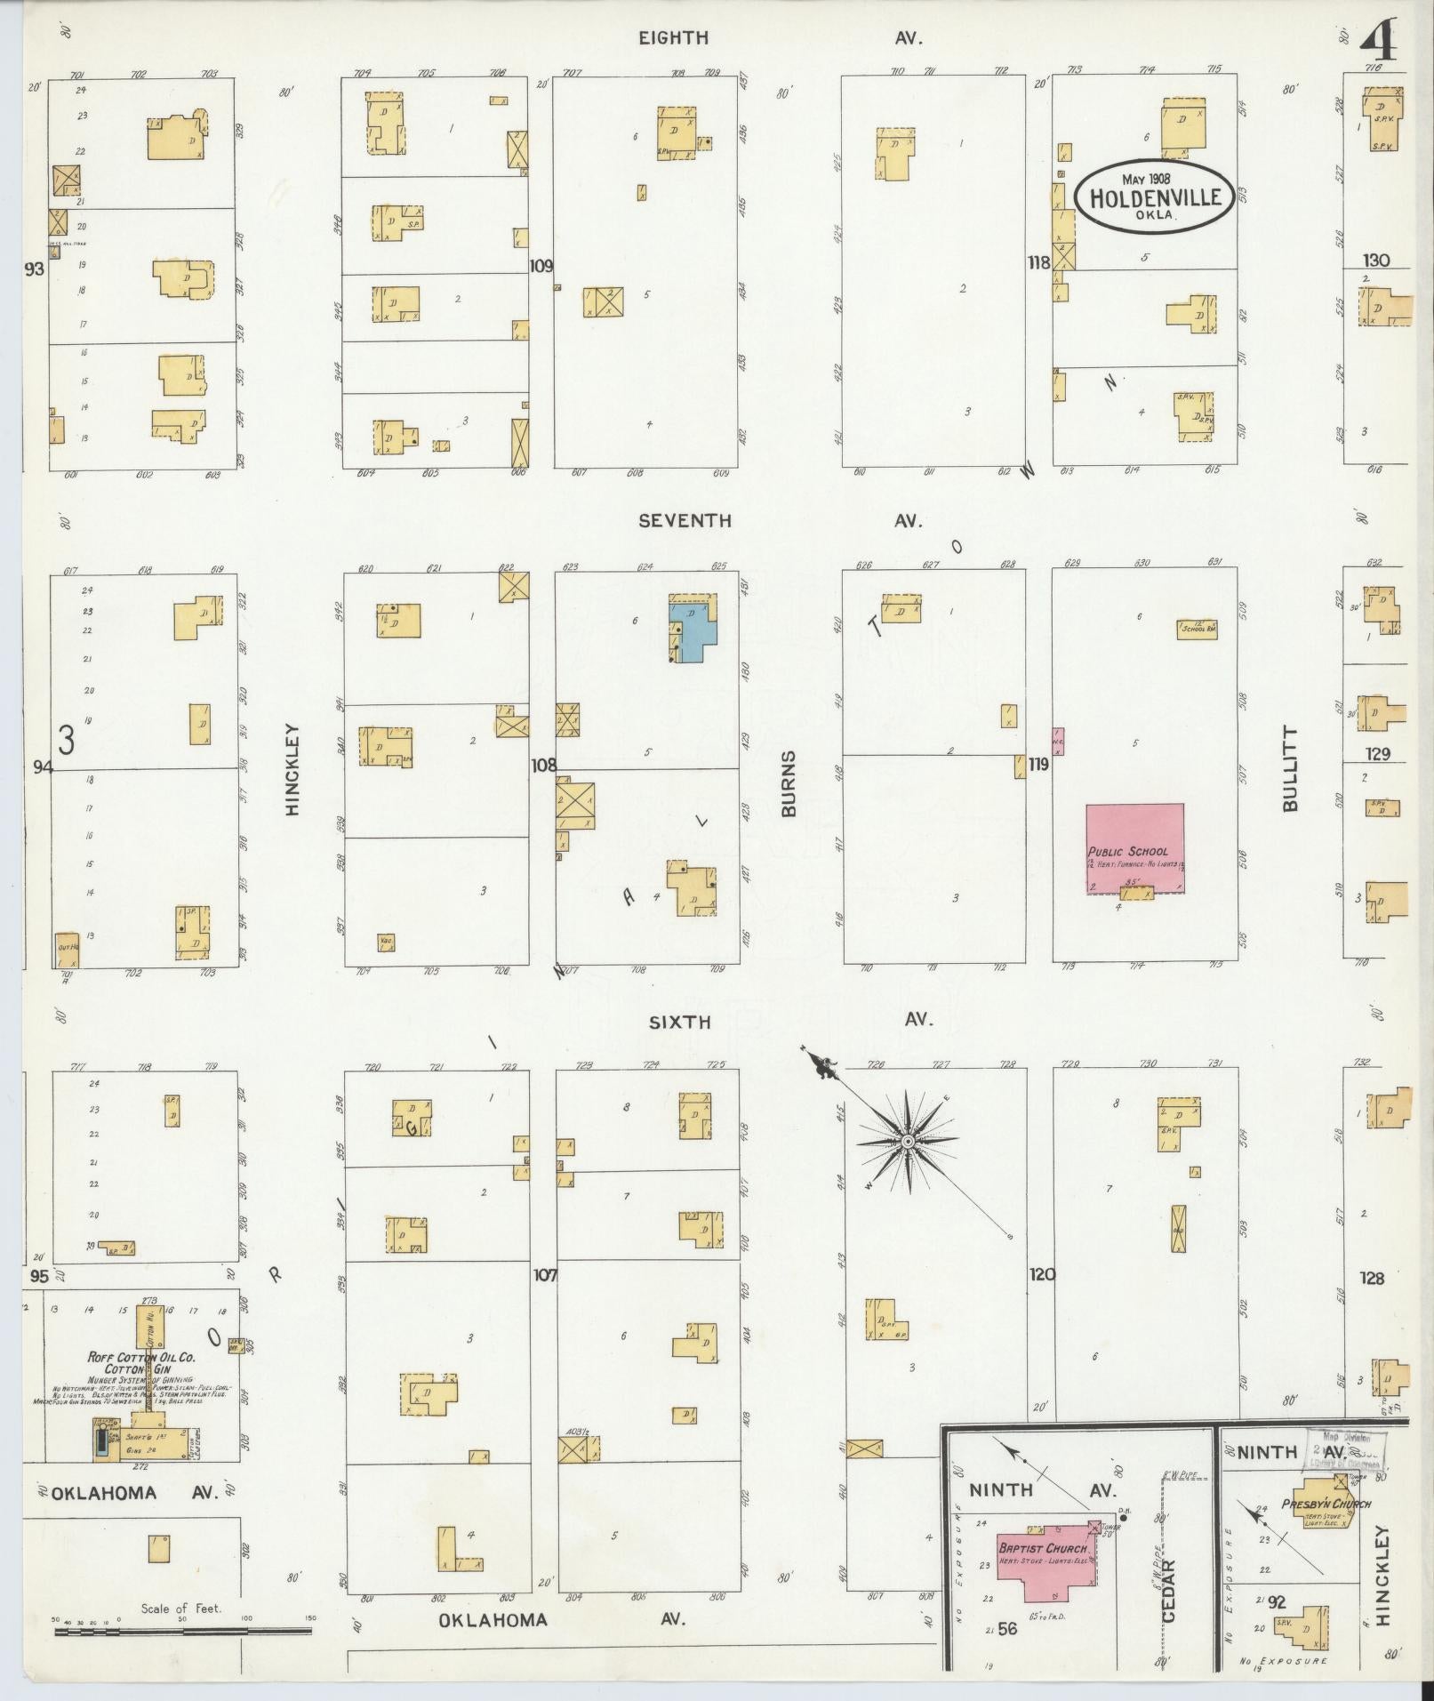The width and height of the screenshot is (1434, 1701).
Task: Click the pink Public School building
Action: pos(1134,846)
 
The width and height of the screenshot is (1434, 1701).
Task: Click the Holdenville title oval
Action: pos(1154,197)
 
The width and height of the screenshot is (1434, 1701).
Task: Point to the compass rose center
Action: pos(908,1141)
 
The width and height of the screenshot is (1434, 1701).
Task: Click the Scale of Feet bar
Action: pos(181,1632)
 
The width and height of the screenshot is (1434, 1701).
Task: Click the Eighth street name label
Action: pos(673,37)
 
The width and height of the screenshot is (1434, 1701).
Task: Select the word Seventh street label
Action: pos(685,521)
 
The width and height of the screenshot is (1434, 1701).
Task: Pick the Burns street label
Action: pos(789,783)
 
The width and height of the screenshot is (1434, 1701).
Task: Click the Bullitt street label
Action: pos(1291,768)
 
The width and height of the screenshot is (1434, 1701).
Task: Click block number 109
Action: pos(541,265)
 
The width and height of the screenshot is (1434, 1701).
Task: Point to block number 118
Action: pos(1038,262)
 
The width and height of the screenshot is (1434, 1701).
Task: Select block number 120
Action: pos(1042,1274)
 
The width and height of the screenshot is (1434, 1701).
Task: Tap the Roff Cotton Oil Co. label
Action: pos(141,1357)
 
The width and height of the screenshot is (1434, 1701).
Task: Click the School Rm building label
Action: pos(1198,629)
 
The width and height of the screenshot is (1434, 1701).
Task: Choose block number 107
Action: pos(544,1275)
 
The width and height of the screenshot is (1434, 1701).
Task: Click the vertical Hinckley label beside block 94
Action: pos(292,768)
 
